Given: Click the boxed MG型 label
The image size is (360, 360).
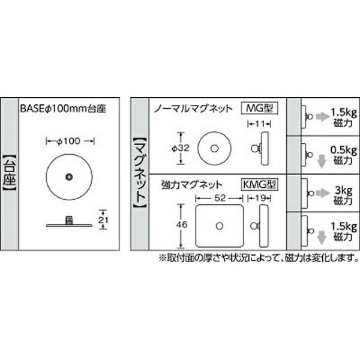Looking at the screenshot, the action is [x=259, y=108].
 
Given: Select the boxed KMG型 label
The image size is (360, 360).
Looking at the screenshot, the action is [x=259, y=184].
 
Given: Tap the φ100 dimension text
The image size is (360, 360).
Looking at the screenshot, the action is [x=68, y=141].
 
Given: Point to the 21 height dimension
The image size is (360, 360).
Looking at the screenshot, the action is [x=103, y=220].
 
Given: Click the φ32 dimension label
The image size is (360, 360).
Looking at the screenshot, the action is [x=181, y=148].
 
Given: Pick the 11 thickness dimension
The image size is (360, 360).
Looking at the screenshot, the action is [x=260, y=124].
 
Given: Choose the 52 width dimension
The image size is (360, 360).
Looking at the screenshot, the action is [x=220, y=198].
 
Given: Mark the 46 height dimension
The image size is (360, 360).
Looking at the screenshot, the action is [x=182, y=224].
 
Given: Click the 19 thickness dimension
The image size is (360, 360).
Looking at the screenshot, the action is [x=260, y=198].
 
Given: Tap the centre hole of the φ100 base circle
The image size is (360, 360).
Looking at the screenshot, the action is [x=69, y=177].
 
